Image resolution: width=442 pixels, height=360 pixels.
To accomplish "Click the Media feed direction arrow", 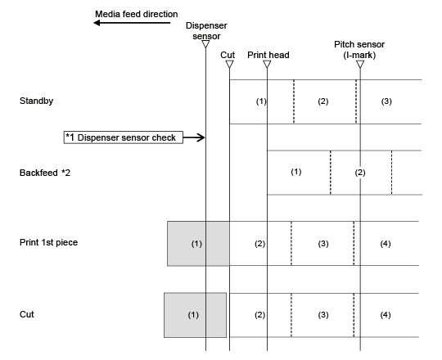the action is (x=132, y=23).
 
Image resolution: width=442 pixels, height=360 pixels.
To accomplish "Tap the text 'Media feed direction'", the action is (x=137, y=14).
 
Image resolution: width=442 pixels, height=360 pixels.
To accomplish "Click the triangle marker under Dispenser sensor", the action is (x=205, y=44).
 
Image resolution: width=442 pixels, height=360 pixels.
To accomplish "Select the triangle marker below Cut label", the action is (x=229, y=64).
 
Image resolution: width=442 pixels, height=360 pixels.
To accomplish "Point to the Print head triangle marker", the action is (x=267, y=64).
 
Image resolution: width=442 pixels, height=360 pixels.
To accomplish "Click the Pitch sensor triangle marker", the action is (x=360, y=64).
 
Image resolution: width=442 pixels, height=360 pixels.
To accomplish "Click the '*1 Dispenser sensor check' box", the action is (x=123, y=137).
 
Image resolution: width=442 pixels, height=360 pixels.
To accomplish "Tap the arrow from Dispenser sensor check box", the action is (x=194, y=137).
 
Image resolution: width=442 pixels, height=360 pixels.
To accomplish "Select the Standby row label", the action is (x=36, y=101).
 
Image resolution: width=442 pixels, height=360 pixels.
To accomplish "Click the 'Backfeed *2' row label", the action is (x=45, y=173).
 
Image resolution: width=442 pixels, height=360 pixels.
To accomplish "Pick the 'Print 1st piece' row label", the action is (x=48, y=242).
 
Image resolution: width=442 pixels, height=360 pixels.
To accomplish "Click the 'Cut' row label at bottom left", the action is (x=27, y=314).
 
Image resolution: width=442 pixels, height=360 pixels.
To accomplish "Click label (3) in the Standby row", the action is (x=386, y=101).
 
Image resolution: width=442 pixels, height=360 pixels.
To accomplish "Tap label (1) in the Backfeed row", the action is (x=296, y=172).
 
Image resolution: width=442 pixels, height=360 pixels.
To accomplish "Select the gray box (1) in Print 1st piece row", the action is (x=198, y=244).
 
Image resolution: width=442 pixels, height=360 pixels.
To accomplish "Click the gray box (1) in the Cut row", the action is (x=195, y=315).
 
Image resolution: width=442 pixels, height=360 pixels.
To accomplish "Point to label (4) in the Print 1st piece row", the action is (x=386, y=244).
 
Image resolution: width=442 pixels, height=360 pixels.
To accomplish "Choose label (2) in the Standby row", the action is (x=323, y=101).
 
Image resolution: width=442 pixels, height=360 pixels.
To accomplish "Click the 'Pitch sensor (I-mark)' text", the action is (x=359, y=50).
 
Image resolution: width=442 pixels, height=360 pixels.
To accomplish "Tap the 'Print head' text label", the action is (x=268, y=55).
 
